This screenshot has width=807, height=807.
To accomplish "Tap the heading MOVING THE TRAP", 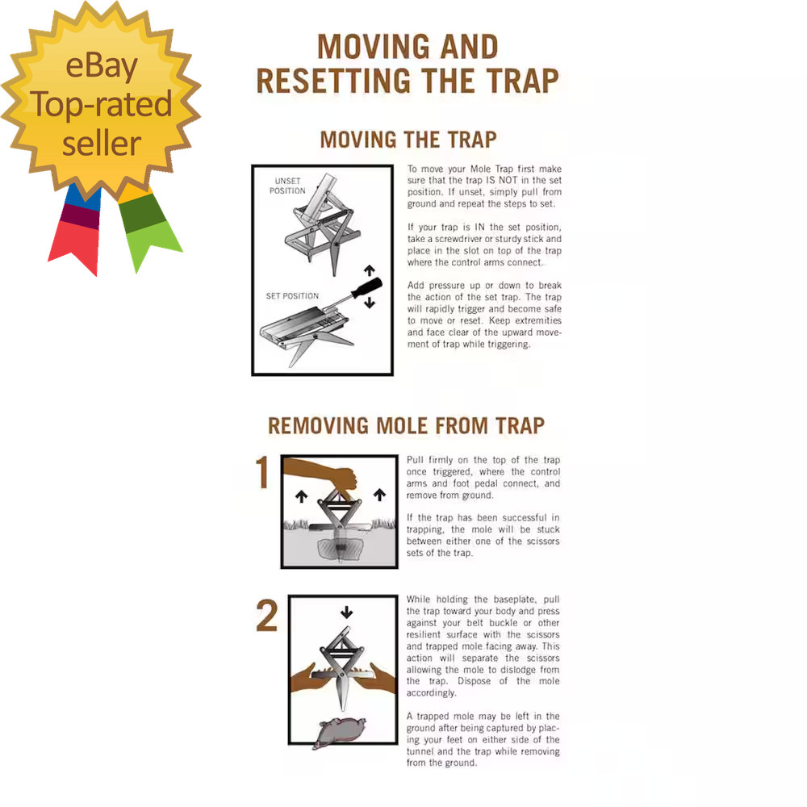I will (x=408, y=140).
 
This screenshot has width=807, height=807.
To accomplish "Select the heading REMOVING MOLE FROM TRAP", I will (x=406, y=425).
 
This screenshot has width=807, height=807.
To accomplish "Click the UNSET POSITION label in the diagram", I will (x=288, y=186).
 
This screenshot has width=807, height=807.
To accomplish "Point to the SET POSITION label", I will (x=292, y=296).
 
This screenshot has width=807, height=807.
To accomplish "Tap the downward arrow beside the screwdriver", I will (x=370, y=303).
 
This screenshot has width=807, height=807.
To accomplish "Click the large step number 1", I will (x=263, y=473).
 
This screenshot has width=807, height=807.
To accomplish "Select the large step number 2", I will (x=267, y=617).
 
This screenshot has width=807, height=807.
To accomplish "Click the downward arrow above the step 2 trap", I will (x=346, y=613).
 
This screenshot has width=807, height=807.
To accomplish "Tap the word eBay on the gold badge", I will (x=101, y=67).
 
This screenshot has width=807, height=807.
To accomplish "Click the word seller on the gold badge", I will (x=102, y=143).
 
